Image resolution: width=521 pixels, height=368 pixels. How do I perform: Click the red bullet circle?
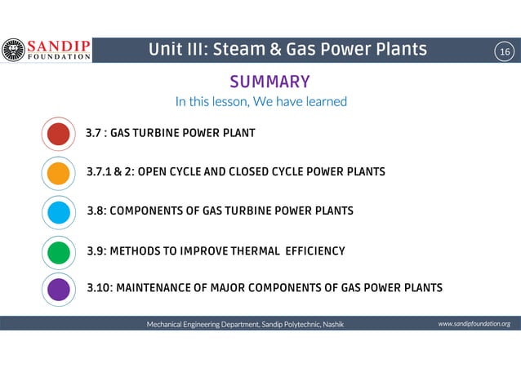coord(58,134)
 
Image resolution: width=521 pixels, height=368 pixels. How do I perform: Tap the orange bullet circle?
coord(58,173)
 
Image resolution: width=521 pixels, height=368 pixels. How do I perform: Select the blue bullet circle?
coord(58,212)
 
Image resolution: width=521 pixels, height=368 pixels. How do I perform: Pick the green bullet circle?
coord(58,251)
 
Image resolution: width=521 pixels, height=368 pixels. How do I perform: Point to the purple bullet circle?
coord(58,289)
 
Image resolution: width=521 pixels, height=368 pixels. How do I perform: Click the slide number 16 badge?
coord(505,52)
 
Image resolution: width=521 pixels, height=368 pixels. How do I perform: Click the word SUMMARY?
coord(269,82)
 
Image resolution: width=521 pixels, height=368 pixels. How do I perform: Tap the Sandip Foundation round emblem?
coord(13,51)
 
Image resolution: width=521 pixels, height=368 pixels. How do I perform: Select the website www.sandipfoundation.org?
coord(474,324)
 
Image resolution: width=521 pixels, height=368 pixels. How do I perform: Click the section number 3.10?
coord(101,288)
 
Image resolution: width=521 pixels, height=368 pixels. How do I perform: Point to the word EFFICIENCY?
coord(314,251)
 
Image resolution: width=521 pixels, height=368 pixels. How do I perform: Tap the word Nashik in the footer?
coord(333,324)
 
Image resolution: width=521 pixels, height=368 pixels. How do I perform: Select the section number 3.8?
coord(97,211)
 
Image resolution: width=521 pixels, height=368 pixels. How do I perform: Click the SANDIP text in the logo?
coord(60,46)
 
